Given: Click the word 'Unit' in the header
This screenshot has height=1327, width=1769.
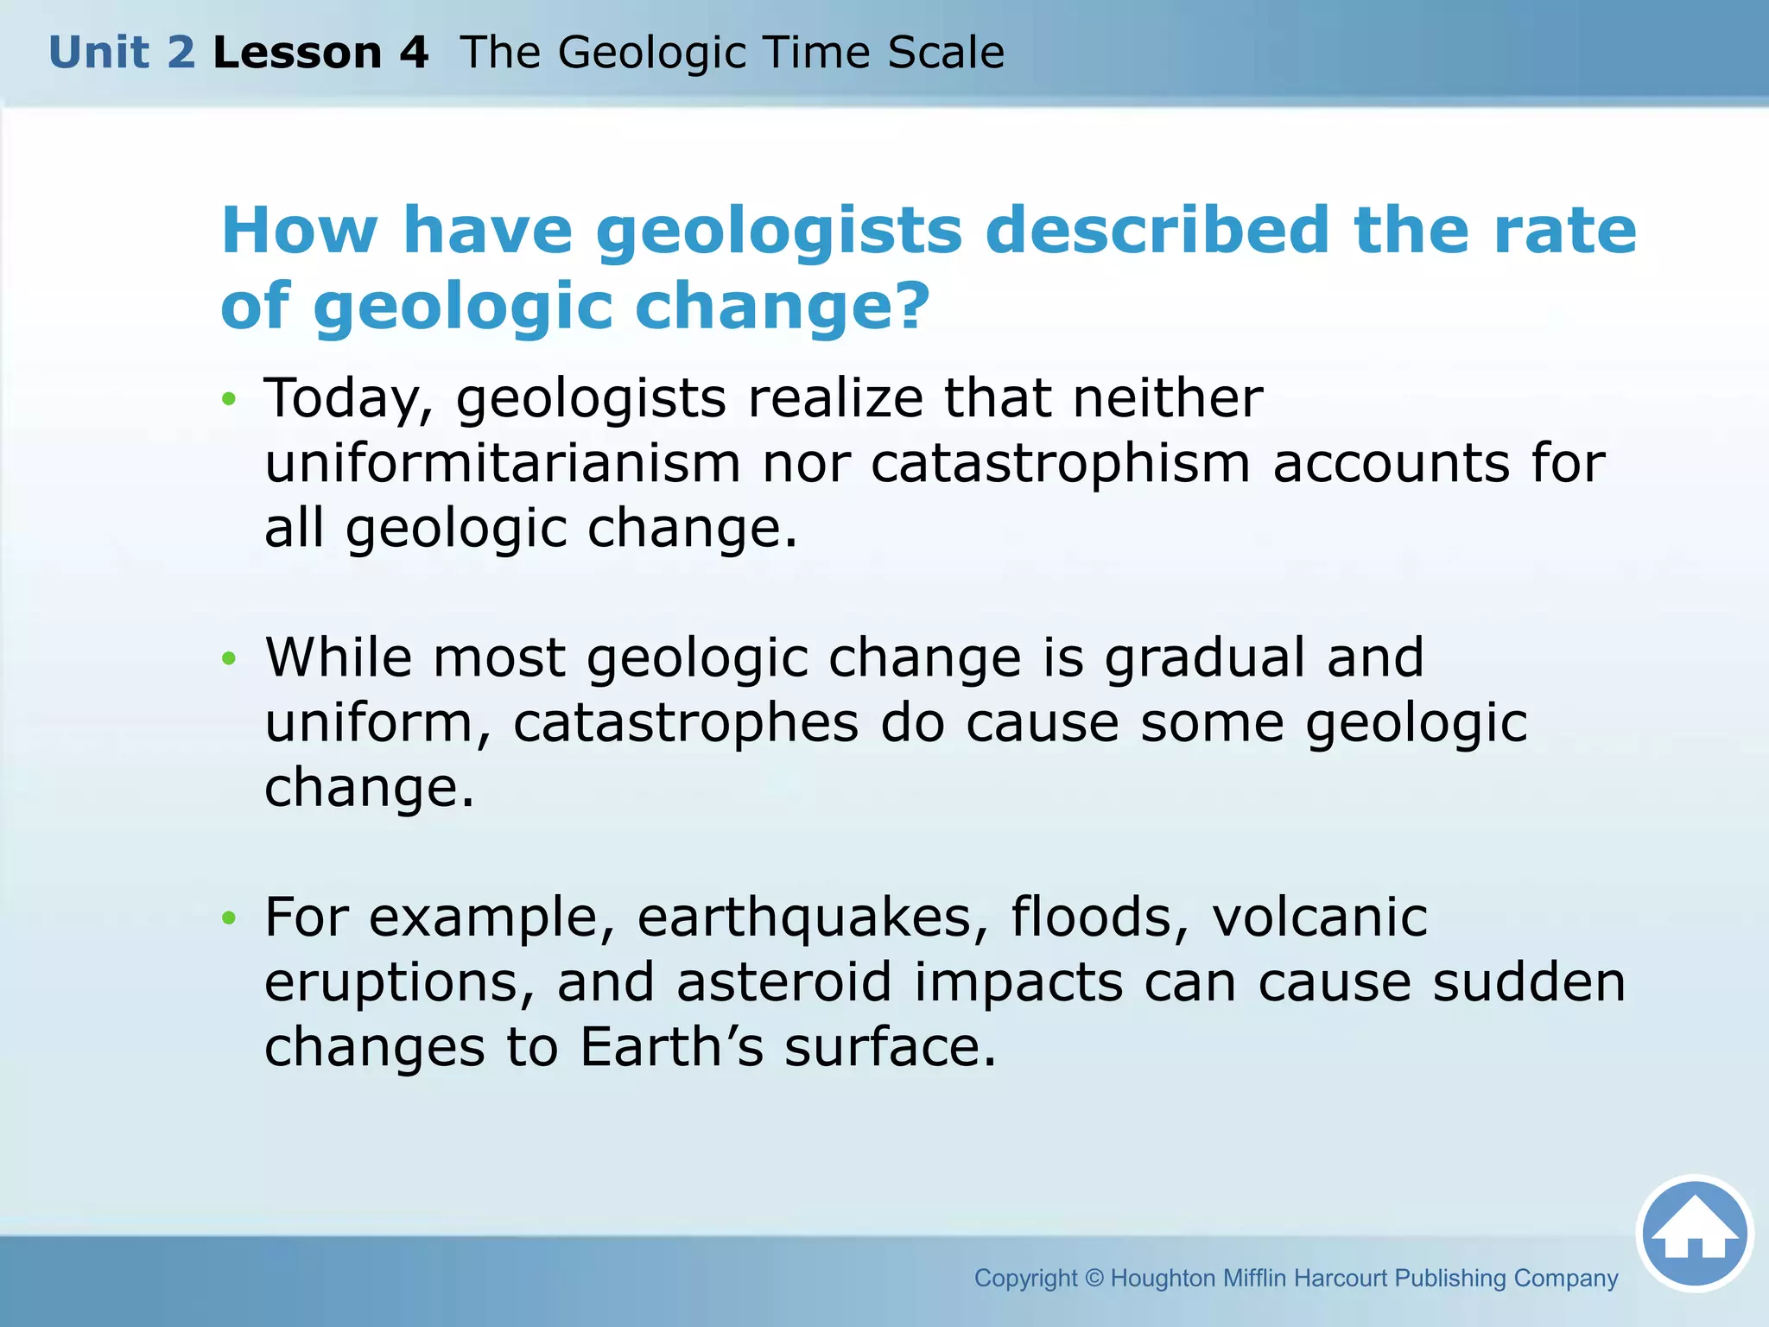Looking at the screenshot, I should tap(98, 53).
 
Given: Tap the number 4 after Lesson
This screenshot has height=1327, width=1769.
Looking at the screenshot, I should tap(413, 53).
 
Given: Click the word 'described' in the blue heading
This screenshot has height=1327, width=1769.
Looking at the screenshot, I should tap(1157, 231).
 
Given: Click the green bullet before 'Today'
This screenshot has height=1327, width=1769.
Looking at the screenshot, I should tap(228, 399).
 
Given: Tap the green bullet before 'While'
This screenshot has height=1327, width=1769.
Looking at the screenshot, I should tap(228, 658).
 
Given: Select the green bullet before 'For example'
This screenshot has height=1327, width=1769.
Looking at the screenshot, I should tap(228, 917).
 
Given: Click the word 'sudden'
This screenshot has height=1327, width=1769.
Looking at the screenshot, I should tap(1529, 982).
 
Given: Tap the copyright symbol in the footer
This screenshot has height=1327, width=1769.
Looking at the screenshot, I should tap(1094, 1278).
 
